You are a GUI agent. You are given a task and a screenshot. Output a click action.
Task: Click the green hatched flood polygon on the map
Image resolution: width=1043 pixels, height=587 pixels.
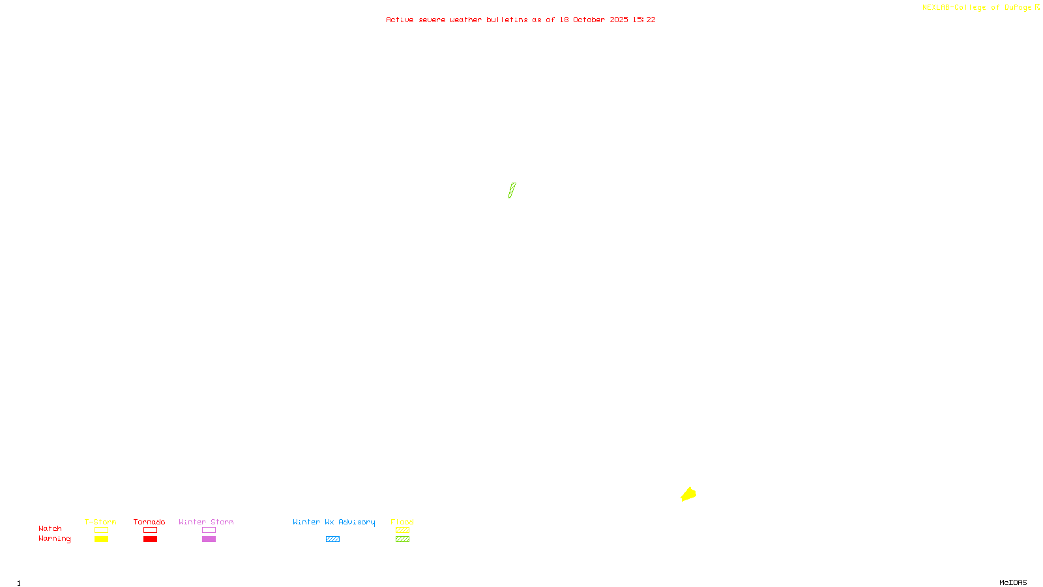click(x=512, y=190)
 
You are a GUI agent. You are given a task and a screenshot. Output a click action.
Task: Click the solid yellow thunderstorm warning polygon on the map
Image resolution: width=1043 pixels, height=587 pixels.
click(x=688, y=494)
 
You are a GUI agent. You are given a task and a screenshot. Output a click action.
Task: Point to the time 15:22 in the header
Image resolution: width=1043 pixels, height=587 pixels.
click(x=644, y=20)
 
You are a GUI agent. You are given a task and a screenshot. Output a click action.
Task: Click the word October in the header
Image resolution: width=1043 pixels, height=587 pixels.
click(x=589, y=20)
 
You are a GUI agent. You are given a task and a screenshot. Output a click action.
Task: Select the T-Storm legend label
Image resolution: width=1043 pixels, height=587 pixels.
click(x=100, y=522)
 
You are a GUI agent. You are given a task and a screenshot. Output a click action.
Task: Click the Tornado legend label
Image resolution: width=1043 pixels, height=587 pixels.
click(x=149, y=522)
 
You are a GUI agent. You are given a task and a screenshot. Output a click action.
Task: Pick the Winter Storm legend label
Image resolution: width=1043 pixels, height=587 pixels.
click(x=206, y=522)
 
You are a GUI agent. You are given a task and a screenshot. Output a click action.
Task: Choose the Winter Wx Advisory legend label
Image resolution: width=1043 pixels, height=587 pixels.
click(x=334, y=522)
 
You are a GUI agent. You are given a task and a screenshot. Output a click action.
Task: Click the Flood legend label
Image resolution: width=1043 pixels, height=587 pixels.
click(x=402, y=522)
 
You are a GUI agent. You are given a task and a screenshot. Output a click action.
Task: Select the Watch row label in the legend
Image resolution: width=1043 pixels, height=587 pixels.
click(x=50, y=528)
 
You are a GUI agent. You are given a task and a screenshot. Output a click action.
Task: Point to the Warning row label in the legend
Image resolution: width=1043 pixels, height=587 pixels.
click(x=55, y=539)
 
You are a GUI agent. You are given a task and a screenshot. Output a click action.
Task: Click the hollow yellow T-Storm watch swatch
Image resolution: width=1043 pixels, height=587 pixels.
click(x=101, y=530)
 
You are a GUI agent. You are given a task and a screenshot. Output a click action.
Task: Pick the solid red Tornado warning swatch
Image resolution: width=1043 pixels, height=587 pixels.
click(x=150, y=539)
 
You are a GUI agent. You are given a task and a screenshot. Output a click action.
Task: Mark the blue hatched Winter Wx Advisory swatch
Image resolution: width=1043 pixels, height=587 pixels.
click(x=332, y=539)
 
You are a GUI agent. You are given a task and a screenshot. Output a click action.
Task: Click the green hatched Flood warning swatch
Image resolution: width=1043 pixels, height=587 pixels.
click(x=402, y=539)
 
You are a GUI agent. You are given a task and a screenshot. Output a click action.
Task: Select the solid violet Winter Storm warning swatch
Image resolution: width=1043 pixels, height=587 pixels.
click(x=209, y=539)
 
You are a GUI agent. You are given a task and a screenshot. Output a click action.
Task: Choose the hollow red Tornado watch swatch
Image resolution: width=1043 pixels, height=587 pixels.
click(x=150, y=530)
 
